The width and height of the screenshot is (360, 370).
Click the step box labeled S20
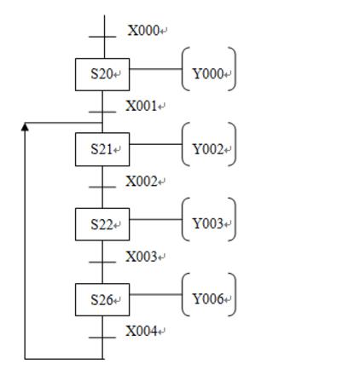(102, 74)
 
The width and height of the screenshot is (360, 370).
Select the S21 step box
(102, 149)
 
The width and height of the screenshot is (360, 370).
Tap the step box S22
(102, 224)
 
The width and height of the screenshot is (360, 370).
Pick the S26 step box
(102, 299)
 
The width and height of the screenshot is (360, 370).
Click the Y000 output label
(208, 74)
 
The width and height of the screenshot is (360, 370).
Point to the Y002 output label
(208, 149)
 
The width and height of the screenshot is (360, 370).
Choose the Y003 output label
(208, 223)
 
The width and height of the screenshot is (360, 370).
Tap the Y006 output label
(208, 298)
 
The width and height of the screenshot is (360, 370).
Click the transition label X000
(143, 31)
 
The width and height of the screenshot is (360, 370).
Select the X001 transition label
(142, 106)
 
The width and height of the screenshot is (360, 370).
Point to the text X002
(142, 182)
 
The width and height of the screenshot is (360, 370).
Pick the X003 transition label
(142, 257)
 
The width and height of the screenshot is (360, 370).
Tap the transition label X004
(142, 331)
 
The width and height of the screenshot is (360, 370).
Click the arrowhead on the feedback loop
(25, 127)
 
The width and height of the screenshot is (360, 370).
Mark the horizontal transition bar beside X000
(102, 37)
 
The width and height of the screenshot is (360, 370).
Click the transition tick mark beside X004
(102, 338)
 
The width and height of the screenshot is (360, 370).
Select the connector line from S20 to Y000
(155, 69)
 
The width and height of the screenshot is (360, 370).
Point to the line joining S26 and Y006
(155, 294)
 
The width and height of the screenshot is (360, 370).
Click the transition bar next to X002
(102, 187)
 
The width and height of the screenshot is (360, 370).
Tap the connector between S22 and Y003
(155, 219)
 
